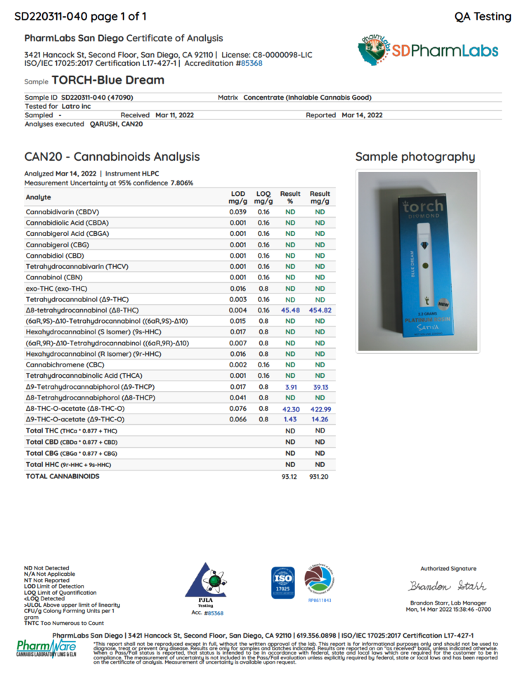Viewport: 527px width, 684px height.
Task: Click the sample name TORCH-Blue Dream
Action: point(108,80)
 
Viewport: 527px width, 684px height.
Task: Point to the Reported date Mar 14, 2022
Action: point(362,114)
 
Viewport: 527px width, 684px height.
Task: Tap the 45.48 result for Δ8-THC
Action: point(289,310)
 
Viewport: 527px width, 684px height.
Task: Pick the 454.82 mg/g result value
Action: point(320,310)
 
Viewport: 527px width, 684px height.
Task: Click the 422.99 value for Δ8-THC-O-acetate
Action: point(320,408)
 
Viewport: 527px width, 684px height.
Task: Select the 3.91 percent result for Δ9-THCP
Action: point(289,386)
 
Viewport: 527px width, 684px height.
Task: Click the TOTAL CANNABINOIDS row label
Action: point(63,476)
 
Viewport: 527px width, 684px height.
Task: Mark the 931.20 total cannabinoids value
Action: point(320,476)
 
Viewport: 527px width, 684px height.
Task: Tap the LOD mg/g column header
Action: point(238,197)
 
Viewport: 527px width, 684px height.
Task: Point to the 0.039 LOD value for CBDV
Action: point(238,211)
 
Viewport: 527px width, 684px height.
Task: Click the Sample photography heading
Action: point(415,157)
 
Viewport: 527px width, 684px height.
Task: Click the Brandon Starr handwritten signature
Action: point(448,586)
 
